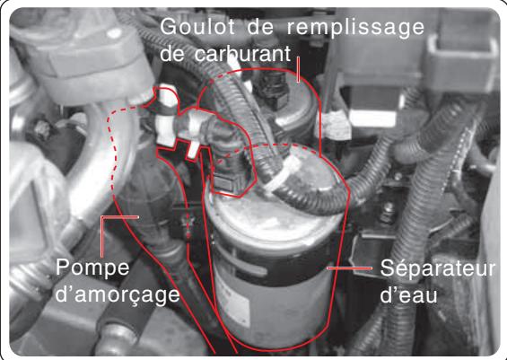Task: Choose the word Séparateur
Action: (x=430, y=269)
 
